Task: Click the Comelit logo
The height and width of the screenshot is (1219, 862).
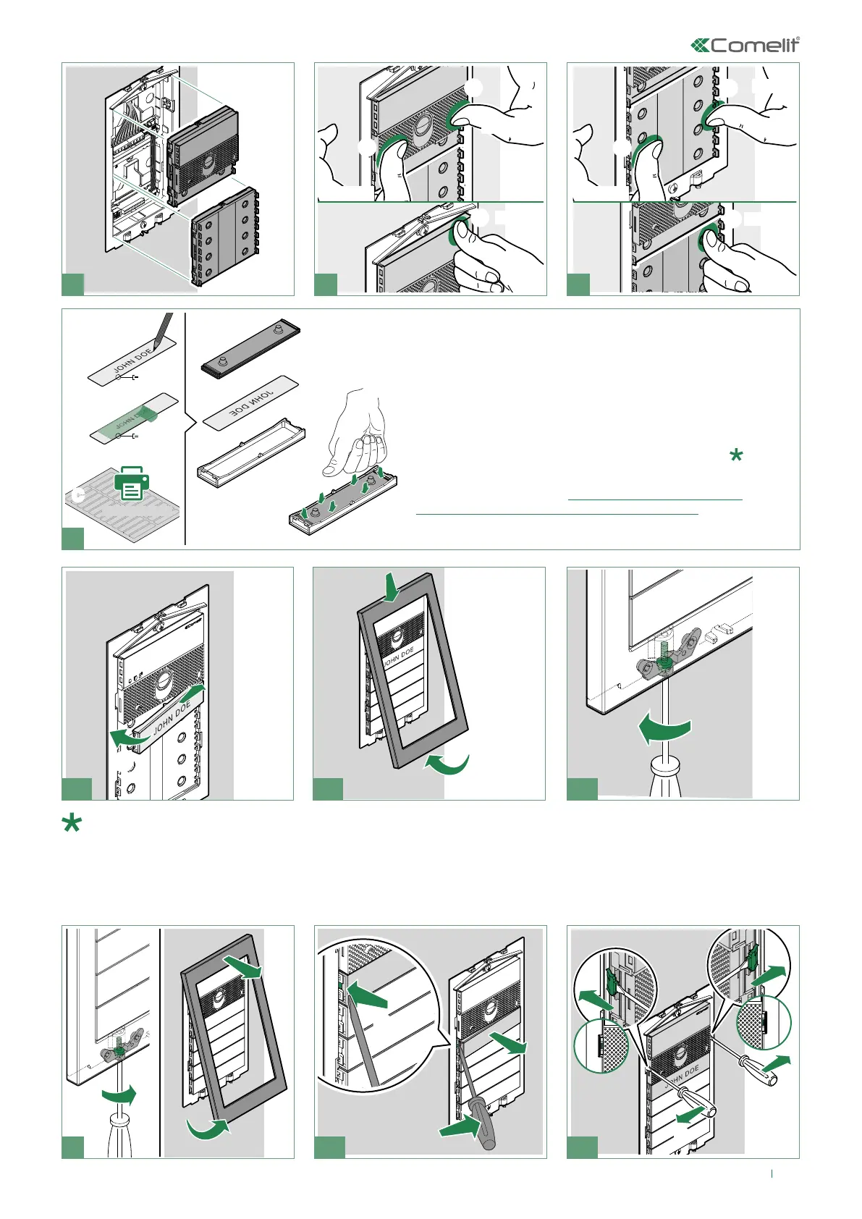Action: [745, 46]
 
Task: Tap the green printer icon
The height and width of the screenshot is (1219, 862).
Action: [131, 483]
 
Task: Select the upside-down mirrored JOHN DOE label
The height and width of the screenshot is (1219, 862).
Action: [250, 400]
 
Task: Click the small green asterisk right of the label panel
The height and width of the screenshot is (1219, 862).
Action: [736, 455]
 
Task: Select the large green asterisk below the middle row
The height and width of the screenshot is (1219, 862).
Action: [72, 824]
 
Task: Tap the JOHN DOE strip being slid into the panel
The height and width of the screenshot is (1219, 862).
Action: [172, 719]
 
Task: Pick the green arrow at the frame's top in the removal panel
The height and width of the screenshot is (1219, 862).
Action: [241, 967]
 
